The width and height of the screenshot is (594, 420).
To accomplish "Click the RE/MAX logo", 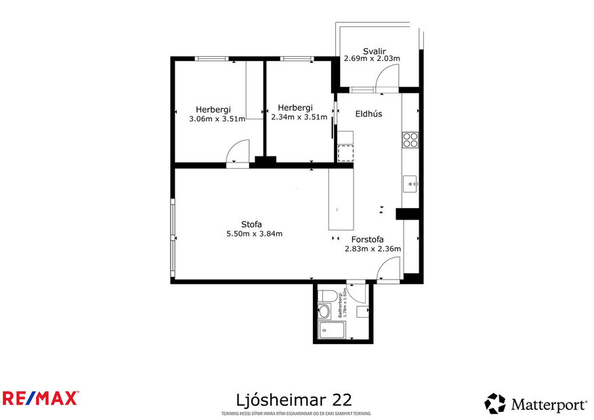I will (x=41, y=398).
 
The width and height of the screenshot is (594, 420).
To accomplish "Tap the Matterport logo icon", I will (x=495, y=404).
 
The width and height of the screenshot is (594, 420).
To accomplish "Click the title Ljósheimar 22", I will (x=294, y=398).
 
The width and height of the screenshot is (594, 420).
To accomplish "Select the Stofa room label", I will (x=251, y=224).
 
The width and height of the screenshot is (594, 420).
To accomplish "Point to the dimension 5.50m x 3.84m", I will (x=254, y=234).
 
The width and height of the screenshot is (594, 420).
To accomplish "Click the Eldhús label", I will (x=368, y=114).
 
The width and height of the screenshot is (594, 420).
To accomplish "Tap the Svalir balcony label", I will (x=374, y=50).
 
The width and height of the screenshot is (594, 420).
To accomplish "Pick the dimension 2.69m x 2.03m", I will (x=372, y=59).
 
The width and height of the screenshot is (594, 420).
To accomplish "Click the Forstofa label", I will (x=368, y=239).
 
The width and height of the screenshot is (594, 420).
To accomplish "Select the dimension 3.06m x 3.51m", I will (x=217, y=118).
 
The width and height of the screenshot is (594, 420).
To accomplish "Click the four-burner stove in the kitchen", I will (x=410, y=140).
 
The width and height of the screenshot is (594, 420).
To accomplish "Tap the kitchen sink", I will (x=411, y=183).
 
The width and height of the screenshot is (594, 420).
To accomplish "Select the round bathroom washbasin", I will (x=324, y=312).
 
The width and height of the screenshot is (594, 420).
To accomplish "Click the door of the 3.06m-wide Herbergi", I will (x=239, y=152).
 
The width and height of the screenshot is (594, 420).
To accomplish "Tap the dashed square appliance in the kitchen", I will (x=346, y=152).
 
